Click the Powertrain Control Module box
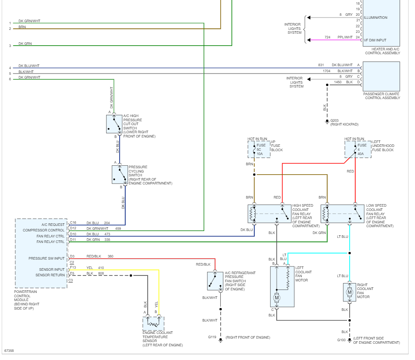pyautogui.click(x=41, y=253)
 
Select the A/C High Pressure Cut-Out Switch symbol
pyautogui.click(x=114, y=124)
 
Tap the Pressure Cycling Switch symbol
pyautogui.click(x=120, y=174)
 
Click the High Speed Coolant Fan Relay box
pyautogui.click(x=269, y=214)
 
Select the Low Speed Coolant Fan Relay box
pyautogui.click(x=342, y=214)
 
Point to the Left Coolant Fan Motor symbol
pyautogui.click(x=282, y=286)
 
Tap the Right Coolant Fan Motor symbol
pyautogui.click(x=350, y=292)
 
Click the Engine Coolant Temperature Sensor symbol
pyautogui.click(x=153, y=323)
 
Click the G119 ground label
pyautogui.click(x=212, y=337)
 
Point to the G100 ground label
pyautogui.click(x=341, y=340)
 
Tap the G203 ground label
pyautogui.click(x=334, y=120)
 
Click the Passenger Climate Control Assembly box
pyautogui.click(x=381, y=76)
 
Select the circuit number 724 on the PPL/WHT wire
pyautogui.click(x=327, y=37)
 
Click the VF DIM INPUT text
pyautogui.click(x=376, y=41)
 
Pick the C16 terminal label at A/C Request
pyautogui.click(x=73, y=223)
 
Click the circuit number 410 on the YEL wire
pyautogui.click(x=101, y=268)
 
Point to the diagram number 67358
pyautogui.click(x=9, y=351)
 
